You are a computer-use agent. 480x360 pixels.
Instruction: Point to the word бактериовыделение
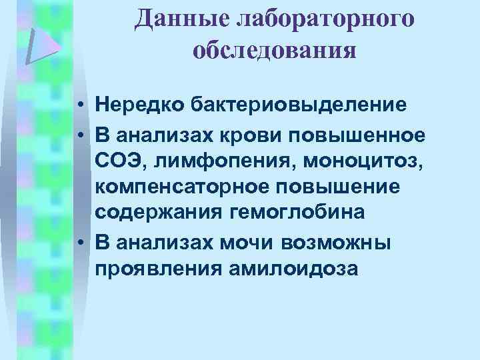click(299, 105)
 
